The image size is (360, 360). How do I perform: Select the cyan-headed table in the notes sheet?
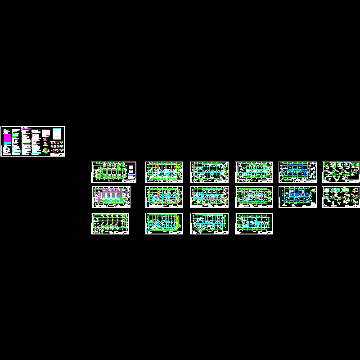tap(58, 134)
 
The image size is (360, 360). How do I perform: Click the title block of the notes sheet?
tap(58, 153)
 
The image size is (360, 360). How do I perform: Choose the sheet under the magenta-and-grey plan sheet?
tap(110, 224)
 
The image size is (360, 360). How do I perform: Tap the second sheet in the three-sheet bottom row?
tap(209, 224)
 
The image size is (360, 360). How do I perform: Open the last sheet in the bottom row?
tap(254, 224)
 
